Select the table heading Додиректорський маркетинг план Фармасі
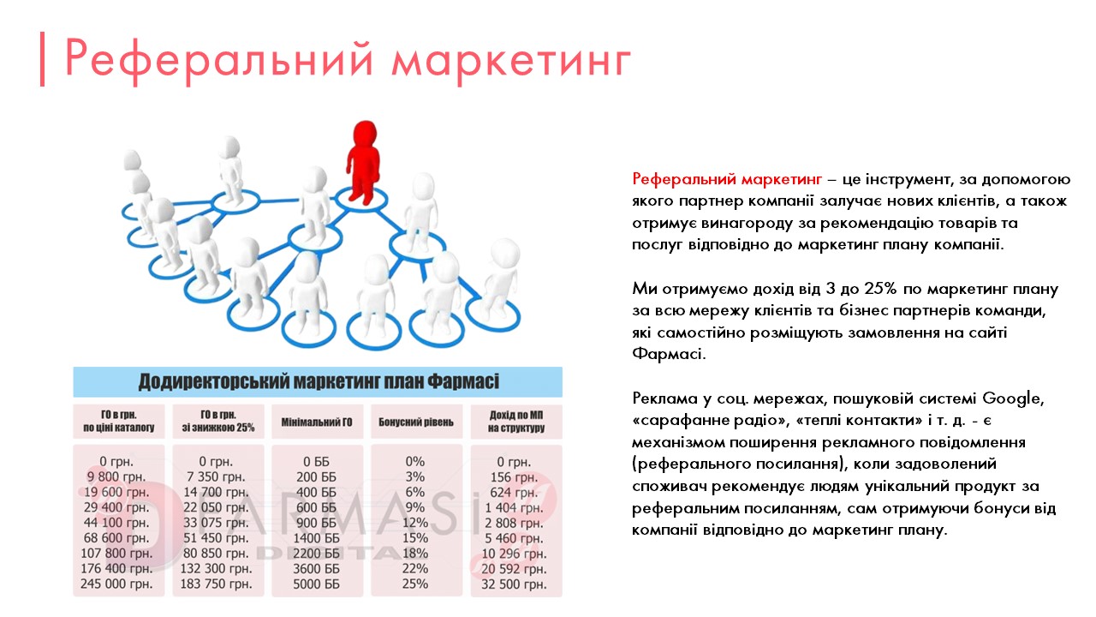pyautogui.click(x=319, y=381)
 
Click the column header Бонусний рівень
pyautogui.click(x=415, y=422)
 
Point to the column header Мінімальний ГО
pyautogui.click(x=317, y=422)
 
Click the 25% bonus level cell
pyautogui.click(x=415, y=584)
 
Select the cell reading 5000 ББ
pyautogui.click(x=317, y=584)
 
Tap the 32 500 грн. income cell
pyautogui.click(x=514, y=584)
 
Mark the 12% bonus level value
pyautogui.click(x=415, y=523)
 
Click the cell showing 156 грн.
pyautogui.click(x=514, y=476)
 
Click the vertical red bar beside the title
pyautogui.click(x=42, y=60)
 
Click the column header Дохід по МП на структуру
pyautogui.click(x=514, y=422)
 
